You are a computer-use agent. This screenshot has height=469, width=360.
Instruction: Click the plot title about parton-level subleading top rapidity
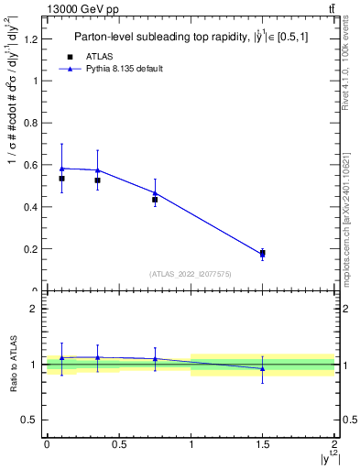(191, 38)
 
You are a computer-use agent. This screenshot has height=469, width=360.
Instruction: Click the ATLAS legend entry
(99, 57)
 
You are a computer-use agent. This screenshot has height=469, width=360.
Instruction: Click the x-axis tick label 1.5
(263, 444)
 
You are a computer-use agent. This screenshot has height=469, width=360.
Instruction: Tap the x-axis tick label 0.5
(118, 444)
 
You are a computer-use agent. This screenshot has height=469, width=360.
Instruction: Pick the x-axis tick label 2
(334, 444)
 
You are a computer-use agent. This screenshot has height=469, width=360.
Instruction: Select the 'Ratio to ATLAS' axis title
(12, 364)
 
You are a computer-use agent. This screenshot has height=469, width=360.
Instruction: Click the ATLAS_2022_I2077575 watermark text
(190, 273)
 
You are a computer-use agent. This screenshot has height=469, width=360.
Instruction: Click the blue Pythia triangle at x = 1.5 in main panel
(263, 253)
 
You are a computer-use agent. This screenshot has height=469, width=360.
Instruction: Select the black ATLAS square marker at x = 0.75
(155, 200)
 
